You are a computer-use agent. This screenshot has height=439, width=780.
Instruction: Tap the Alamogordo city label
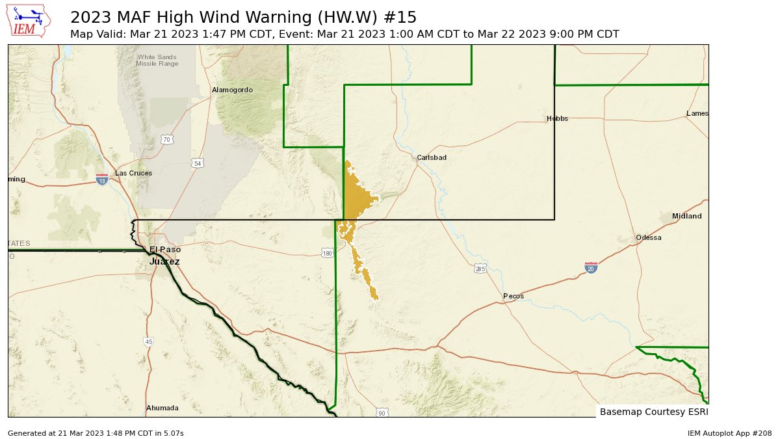click(x=232, y=90)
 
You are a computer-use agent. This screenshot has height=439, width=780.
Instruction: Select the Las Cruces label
click(x=133, y=173)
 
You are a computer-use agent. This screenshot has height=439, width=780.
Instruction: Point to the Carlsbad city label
click(x=432, y=157)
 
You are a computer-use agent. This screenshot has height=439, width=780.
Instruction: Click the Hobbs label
click(x=557, y=118)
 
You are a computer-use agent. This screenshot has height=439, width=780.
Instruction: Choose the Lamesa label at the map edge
click(x=697, y=114)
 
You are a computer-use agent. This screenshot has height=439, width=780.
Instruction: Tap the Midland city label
click(x=686, y=216)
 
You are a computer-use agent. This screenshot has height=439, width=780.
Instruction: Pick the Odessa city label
click(x=648, y=237)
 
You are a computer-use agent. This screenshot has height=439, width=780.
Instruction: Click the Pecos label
click(x=513, y=296)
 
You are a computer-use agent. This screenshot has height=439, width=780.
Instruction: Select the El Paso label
click(x=165, y=250)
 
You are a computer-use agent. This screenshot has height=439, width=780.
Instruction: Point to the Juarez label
click(x=164, y=261)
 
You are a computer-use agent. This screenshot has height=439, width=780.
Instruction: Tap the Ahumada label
click(x=162, y=408)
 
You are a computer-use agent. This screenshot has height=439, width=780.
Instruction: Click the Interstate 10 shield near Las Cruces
click(x=102, y=178)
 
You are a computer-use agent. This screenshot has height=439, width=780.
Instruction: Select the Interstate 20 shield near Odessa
click(x=590, y=267)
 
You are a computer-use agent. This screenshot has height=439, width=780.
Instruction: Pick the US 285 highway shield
click(x=480, y=269)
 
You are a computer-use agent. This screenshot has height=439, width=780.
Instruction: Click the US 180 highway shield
click(x=327, y=252)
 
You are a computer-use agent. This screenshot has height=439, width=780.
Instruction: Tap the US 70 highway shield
click(x=167, y=139)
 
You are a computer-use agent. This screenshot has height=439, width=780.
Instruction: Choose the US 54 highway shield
click(x=197, y=163)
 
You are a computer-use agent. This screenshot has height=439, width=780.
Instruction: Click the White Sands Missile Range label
click(x=157, y=60)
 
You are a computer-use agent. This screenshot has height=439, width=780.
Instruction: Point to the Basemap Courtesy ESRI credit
click(x=653, y=412)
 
